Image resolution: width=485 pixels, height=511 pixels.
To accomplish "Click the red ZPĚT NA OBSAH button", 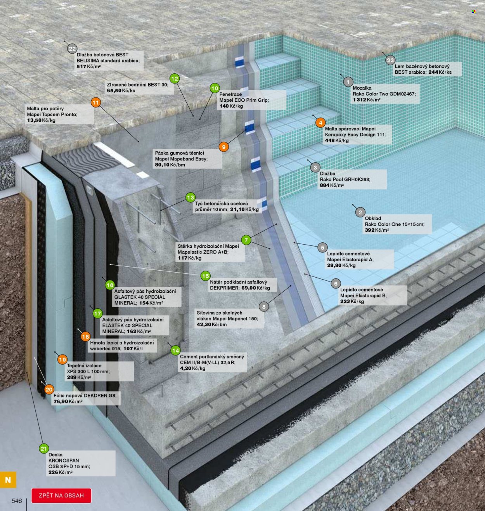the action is (x=61, y=495).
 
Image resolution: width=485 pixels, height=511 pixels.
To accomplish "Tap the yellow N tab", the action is (x=8, y=480).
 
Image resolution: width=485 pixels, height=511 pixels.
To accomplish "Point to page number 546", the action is (x=17, y=501).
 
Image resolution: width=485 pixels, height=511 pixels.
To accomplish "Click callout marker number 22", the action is (x=72, y=49).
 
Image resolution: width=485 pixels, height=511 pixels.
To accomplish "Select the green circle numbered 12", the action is (x=175, y=78).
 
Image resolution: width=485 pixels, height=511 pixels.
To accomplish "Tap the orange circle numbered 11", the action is (x=96, y=103).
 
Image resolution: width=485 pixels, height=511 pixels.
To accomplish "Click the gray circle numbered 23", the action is (x=390, y=61).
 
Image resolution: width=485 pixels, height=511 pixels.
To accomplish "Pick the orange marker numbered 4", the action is (x=320, y=123).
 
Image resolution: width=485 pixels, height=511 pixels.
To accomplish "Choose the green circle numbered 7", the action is (x=246, y=240).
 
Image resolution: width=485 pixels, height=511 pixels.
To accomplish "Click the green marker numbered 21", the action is (x=44, y=448).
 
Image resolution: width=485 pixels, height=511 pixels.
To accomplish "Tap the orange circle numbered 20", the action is (x=49, y=389).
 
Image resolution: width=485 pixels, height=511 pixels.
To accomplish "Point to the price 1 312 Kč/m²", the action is (x=367, y=100).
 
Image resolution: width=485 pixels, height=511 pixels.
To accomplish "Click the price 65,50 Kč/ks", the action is (x=121, y=91).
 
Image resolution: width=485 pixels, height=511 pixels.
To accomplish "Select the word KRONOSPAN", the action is (x=64, y=461).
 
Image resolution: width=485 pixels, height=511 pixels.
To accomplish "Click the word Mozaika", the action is (x=362, y=88).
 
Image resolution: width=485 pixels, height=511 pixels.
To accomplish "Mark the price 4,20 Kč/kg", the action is (x=192, y=368).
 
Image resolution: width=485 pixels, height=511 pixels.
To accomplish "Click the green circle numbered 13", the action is (x=191, y=198).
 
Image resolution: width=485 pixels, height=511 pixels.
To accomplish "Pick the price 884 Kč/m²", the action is (x=332, y=185).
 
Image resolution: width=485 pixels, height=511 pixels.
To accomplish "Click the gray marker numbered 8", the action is (x=264, y=307).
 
